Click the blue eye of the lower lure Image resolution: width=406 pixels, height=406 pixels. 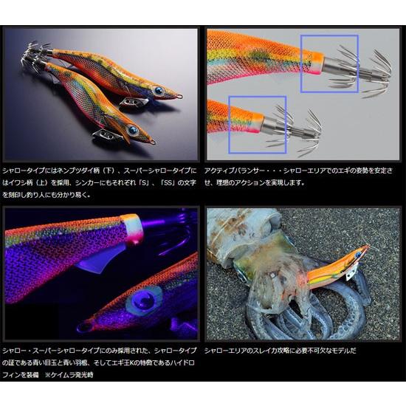point(132,131)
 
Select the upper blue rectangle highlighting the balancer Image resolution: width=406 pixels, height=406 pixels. point(329,63)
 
